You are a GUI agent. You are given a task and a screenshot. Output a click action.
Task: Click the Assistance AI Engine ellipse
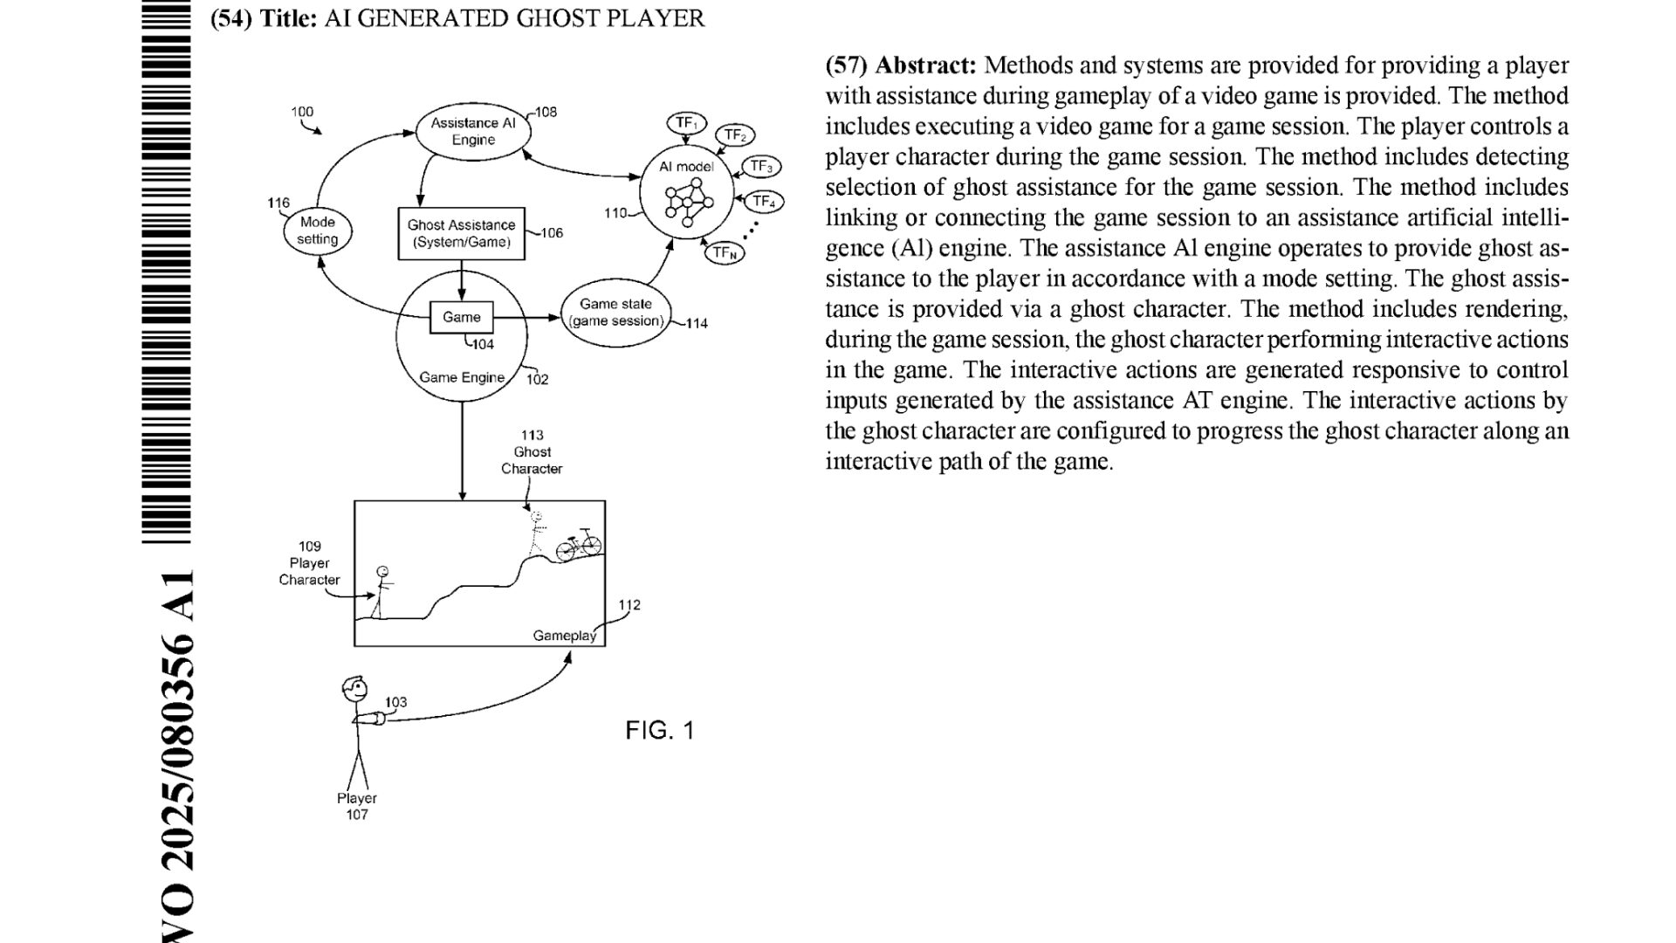[x=473, y=132]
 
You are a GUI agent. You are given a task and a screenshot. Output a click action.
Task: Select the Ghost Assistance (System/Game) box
[x=461, y=233]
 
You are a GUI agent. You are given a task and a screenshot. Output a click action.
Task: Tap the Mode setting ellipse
[x=317, y=231]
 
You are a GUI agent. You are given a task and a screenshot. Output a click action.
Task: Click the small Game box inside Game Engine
[x=461, y=317]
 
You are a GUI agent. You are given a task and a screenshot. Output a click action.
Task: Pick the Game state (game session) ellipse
[x=615, y=313]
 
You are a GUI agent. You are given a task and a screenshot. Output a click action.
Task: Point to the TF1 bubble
[x=686, y=123]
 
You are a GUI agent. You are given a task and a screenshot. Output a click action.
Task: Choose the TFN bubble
[x=725, y=252]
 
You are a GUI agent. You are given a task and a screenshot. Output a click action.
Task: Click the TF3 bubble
[x=761, y=167]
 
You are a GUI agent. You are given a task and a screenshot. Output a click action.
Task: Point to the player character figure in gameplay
[x=381, y=592]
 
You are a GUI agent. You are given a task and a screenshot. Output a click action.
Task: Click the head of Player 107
[x=354, y=688]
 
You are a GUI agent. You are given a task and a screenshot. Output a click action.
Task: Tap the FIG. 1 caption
[x=660, y=730]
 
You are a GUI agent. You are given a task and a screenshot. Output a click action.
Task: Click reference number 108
[x=546, y=112]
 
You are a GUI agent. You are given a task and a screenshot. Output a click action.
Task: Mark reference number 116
[x=278, y=203]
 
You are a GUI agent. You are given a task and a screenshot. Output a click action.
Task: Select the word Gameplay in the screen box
[x=564, y=635]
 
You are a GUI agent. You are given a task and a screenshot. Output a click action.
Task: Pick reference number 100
[x=302, y=112]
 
